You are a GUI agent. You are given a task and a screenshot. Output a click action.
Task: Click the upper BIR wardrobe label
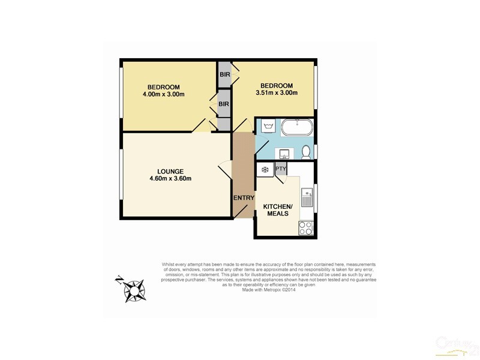point(225,74)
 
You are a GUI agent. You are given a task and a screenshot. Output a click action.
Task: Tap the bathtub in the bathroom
point(296,128)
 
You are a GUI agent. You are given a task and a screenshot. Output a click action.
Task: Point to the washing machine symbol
point(268,127)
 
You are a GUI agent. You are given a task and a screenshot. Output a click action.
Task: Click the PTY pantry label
point(281,169)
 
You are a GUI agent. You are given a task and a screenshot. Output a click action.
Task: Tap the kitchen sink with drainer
point(307,197)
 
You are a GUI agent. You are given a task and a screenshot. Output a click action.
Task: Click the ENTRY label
point(244,198)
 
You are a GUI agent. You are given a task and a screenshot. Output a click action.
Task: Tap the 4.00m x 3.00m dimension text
point(163,94)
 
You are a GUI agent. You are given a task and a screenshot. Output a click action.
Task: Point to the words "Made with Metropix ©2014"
point(269,289)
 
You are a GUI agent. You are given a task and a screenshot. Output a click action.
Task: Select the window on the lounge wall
point(121,174)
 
